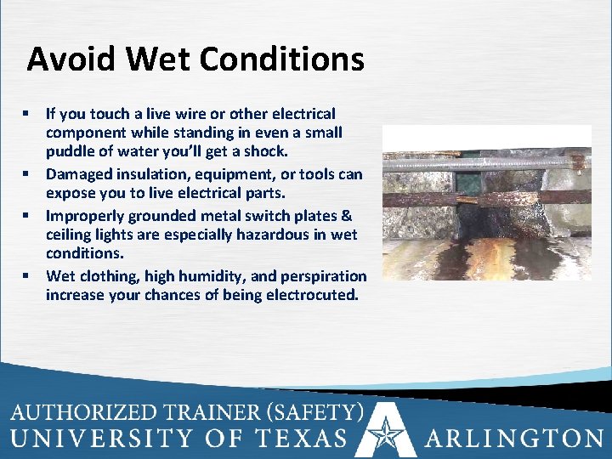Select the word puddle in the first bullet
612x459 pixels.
69,151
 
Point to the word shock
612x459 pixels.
264,151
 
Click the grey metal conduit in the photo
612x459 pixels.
476,157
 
